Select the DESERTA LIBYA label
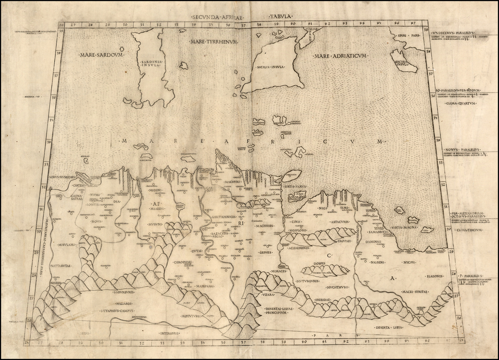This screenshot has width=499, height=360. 389,327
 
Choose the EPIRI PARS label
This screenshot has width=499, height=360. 408,36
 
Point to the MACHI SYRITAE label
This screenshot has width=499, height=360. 414,291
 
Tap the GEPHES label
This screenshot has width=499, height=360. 265,252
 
